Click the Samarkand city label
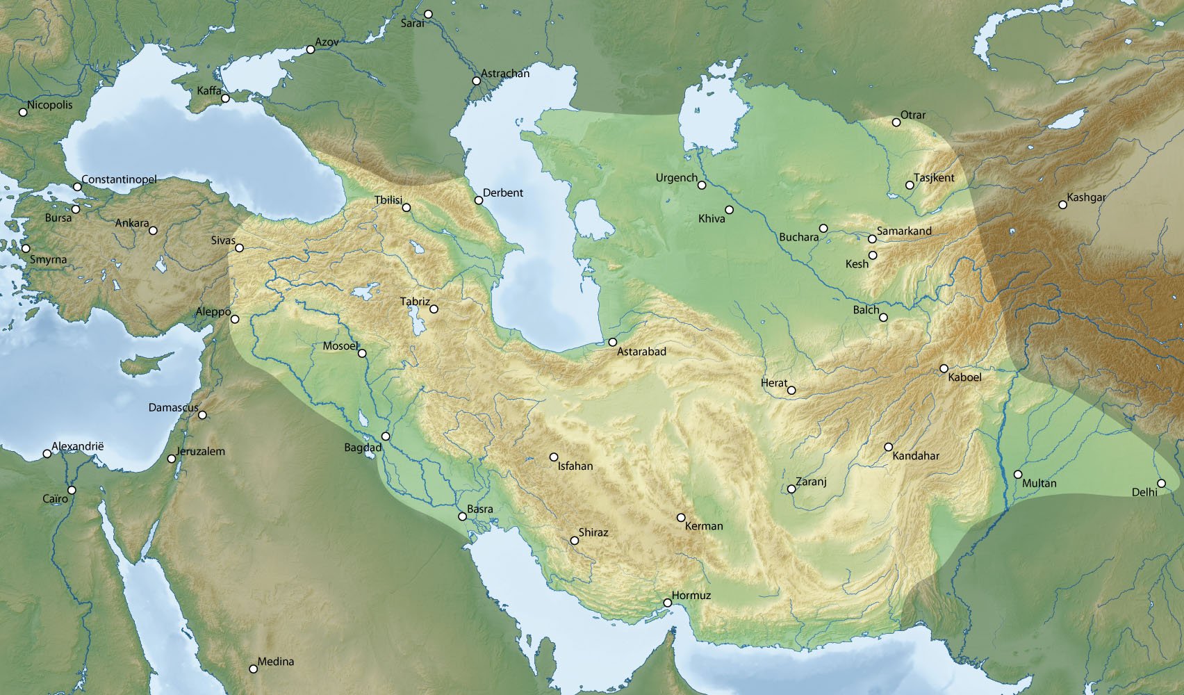point(904,231)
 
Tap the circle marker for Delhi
point(1161,483)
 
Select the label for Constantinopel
point(119,179)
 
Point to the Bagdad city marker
point(386,436)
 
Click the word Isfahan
point(575,466)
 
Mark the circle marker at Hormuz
point(667,603)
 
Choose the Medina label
point(276,662)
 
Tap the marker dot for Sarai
point(429,14)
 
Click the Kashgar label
point(1086,197)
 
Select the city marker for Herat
point(791,390)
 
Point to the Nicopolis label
point(50,105)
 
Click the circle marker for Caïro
point(71,490)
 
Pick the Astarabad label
point(641,352)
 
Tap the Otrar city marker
point(896,122)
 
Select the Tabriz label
point(415,302)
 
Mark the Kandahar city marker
point(888,446)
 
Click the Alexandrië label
point(78,445)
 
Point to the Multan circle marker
point(1017,474)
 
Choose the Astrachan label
point(505,73)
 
